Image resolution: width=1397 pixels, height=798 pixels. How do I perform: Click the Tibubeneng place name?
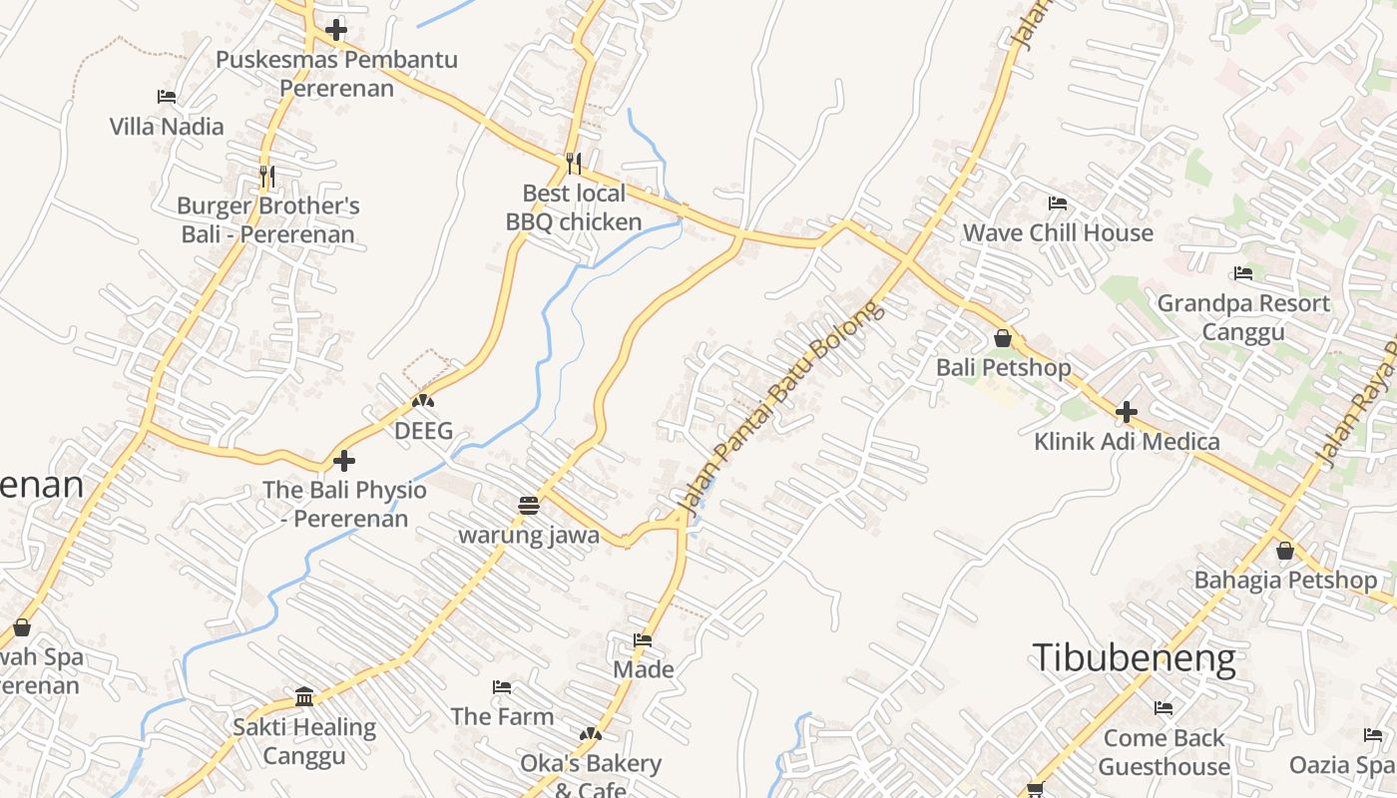(x=1134, y=659)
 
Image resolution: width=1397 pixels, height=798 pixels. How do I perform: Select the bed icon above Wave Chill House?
(x=1058, y=203)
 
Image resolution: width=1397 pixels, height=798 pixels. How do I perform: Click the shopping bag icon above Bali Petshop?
(x=1003, y=338)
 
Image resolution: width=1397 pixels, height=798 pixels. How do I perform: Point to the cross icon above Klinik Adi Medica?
(x=1127, y=411)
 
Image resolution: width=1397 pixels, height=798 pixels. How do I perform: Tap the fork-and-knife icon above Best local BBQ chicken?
(x=573, y=163)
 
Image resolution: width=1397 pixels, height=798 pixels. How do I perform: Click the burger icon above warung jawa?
(x=529, y=505)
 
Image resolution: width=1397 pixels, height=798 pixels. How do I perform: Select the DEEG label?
(x=423, y=431)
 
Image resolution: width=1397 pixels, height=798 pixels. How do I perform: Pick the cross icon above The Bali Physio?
(x=344, y=461)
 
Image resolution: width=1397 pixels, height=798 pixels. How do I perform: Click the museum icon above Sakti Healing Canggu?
(x=304, y=696)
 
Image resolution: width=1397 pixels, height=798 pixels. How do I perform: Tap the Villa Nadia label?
(x=167, y=127)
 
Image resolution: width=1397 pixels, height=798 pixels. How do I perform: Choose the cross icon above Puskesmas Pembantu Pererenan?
(x=336, y=30)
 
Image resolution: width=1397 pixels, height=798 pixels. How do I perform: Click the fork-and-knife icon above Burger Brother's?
(x=266, y=176)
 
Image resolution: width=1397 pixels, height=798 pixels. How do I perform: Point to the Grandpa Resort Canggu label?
(x=1243, y=317)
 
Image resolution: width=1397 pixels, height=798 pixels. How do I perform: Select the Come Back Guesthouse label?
(x=1164, y=752)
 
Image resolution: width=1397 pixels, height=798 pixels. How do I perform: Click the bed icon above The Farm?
(x=502, y=687)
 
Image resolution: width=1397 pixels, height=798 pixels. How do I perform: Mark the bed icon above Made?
(x=643, y=640)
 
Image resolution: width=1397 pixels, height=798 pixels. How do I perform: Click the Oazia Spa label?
(x=1341, y=766)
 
